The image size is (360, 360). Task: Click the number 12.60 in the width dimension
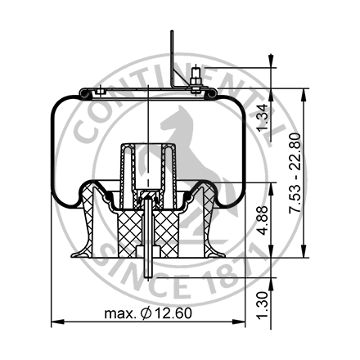pos(173,314)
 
